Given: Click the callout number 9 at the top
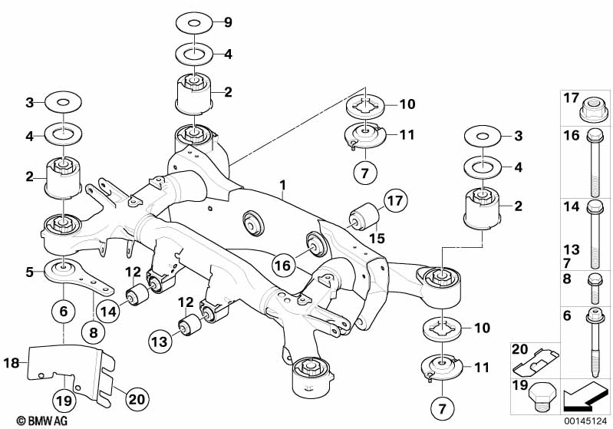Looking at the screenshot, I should pos(227,22).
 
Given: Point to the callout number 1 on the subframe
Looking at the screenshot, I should pos(283,185).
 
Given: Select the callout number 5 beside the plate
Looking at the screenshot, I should pos(29,271).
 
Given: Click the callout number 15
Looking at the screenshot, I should pos(376,239).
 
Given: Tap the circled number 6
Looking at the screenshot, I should pos(64,312).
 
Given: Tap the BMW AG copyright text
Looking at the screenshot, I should pos(29,421).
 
